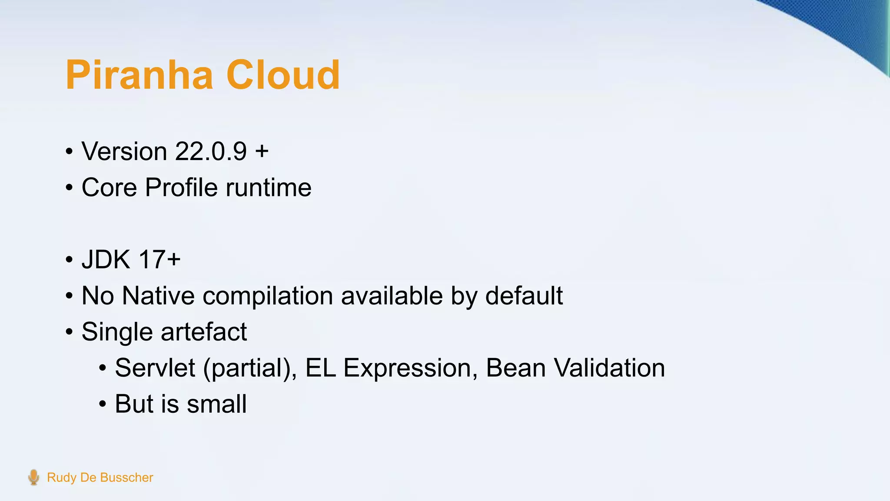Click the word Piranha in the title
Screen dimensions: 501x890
click(139, 75)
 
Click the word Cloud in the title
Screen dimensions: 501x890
click(283, 75)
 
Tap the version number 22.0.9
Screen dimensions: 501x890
click(211, 151)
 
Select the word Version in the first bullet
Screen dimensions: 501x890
click(124, 151)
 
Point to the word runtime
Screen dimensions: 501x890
click(269, 187)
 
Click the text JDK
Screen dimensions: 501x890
click(106, 260)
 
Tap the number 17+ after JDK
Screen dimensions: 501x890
click(159, 260)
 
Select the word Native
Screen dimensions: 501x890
click(158, 296)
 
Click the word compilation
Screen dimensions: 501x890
click(268, 297)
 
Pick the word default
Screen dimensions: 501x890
click(524, 296)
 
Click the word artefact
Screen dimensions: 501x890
click(204, 332)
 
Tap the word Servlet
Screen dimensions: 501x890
click(155, 368)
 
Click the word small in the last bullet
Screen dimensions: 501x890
click(217, 404)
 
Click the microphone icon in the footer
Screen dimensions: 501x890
click(33, 477)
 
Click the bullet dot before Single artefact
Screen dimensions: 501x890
click(70, 333)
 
